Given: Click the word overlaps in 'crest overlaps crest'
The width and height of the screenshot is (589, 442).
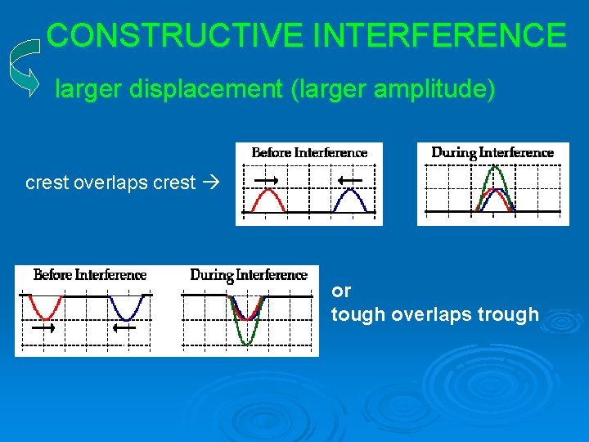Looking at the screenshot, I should pyautogui.click(x=112, y=183).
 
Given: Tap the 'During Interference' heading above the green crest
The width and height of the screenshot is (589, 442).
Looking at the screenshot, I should pyautogui.click(x=492, y=152).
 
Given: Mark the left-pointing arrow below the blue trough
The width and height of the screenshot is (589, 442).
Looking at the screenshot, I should pyautogui.click(x=124, y=328).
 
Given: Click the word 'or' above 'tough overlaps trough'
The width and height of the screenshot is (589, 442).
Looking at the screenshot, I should pyautogui.click(x=340, y=291).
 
